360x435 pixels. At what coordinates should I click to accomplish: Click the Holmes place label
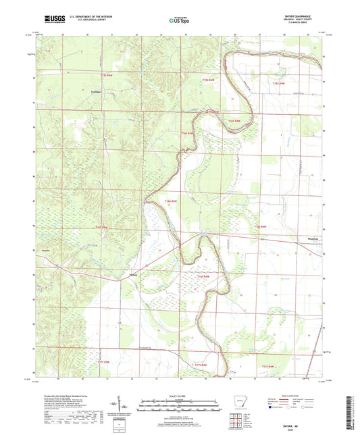[x=134, y=274]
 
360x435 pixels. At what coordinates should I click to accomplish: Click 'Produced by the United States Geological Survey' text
[x=66, y=395]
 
